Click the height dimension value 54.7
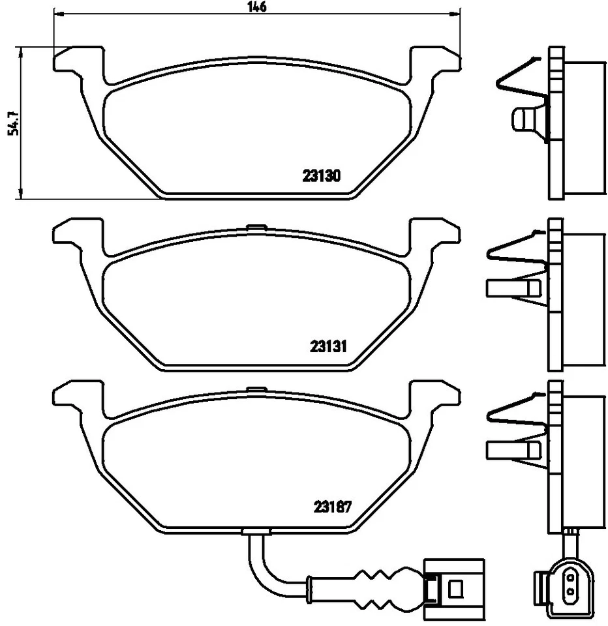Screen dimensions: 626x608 click(x=11, y=122)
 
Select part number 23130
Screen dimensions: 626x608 click(x=322, y=175)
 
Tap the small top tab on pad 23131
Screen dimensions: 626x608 click(x=256, y=228)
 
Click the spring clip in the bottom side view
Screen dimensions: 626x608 click(x=515, y=411)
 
